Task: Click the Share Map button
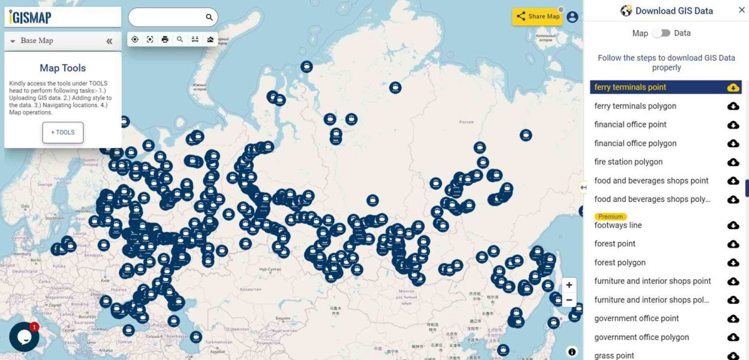(x=537, y=17)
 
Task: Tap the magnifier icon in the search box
(x=209, y=17)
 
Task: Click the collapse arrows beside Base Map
(x=109, y=41)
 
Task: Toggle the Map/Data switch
(x=662, y=33)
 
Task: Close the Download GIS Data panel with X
(x=742, y=10)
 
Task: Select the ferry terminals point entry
(x=630, y=87)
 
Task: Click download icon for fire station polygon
(x=733, y=162)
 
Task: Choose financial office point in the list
(x=630, y=125)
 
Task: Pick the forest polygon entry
(x=620, y=263)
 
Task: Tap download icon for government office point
(x=733, y=319)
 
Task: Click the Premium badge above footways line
(x=610, y=216)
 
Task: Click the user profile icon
(x=572, y=17)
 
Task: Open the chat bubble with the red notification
(x=24, y=337)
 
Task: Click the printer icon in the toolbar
(x=165, y=39)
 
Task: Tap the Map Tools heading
(x=62, y=68)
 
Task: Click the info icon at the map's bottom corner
(x=572, y=352)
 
